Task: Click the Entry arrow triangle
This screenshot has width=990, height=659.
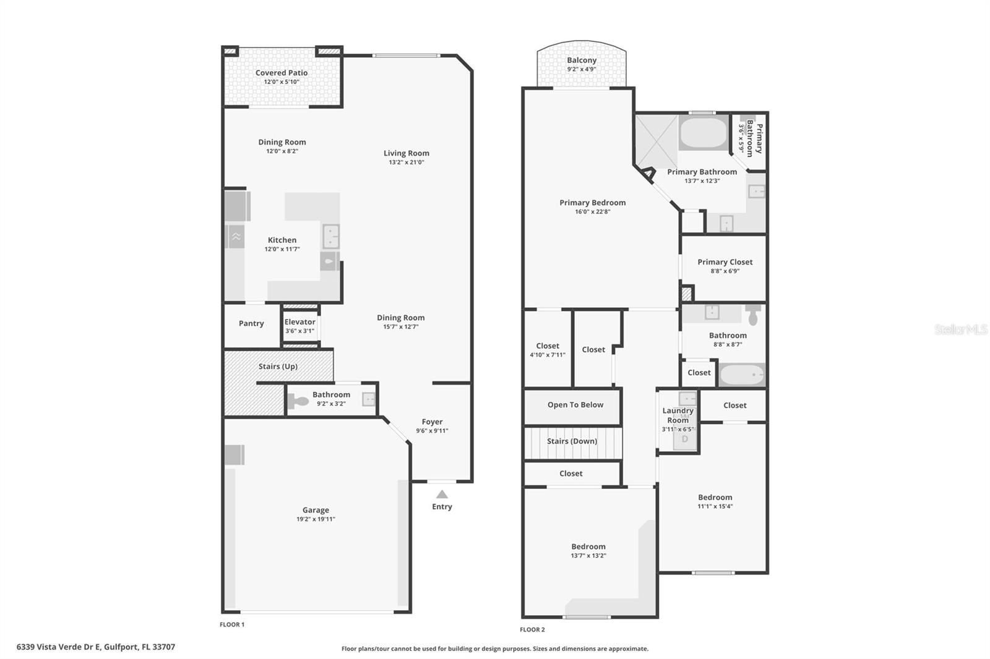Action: click(x=442, y=494)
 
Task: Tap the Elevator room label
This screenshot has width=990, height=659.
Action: click(x=299, y=322)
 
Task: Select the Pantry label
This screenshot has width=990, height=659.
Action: click(x=251, y=323)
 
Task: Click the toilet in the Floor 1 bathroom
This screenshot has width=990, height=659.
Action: click(x=299, y=401)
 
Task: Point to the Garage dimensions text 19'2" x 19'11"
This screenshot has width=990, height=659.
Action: click(x=316, y=519)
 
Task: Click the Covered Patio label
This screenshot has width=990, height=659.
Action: click(x=282, y=73)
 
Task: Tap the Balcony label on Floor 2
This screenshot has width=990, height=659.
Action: click(x=582, y=61)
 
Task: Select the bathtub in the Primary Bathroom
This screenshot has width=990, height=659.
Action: click(x=703, y=132)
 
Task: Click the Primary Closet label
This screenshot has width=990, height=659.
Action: click(x=725, y=262)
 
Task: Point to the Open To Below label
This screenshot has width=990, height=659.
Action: click(x=575, y=405)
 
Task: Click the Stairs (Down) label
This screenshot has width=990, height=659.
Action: click(x=572, y=441)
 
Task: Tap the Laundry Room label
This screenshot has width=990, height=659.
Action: click(x=678, y=415)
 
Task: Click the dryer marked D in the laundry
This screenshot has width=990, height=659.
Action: click(x=684, y=439)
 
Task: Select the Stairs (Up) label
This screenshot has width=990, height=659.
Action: click(x=278, y=367)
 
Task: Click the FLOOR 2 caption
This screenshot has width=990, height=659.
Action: click(x=532, y=630)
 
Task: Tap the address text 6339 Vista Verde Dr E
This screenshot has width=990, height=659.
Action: click(x=95, y=647)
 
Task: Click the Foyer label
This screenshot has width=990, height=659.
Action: click(x=432, y=422)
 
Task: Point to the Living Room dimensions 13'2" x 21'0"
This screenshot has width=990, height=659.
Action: click(x=406, y=163)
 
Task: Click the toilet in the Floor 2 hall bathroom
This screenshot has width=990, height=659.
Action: click(x=752, y=315)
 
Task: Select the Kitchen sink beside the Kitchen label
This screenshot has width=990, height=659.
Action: click(x=331, y=236)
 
